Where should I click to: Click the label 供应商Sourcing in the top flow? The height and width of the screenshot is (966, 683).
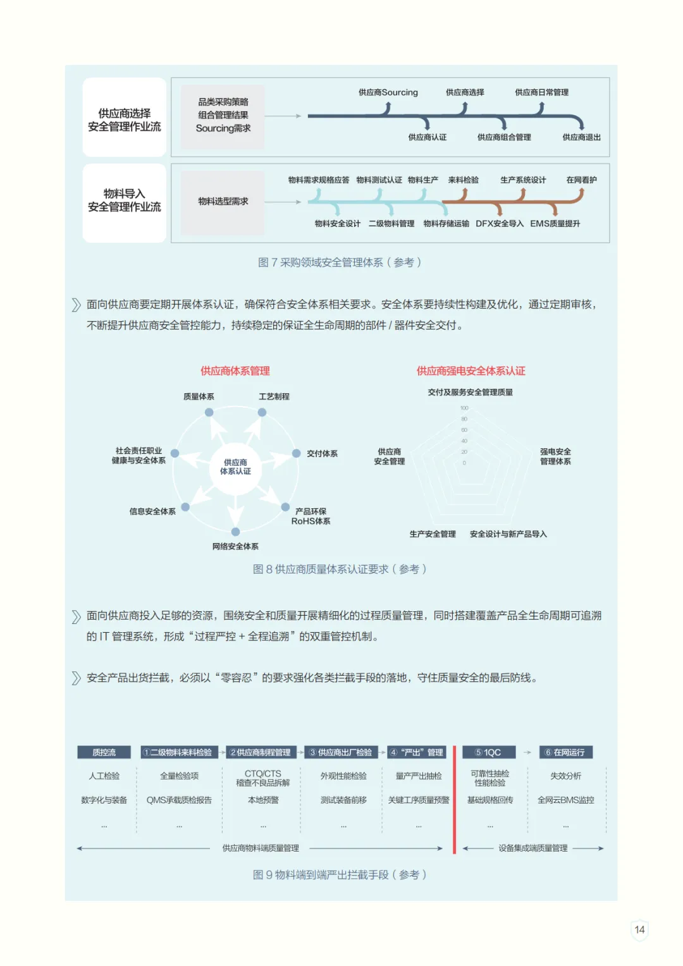coord(388,92)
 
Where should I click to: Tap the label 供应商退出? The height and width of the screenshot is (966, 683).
coord(581,137)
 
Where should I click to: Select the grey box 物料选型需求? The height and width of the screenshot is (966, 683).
coord(223,202)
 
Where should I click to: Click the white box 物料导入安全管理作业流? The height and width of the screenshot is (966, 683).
coord(125,201)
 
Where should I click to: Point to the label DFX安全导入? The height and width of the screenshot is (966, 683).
coord(500,224)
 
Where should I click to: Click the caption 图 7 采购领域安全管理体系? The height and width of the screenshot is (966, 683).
coord(340,262)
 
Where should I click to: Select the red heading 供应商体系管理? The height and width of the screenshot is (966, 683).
coord(235,371)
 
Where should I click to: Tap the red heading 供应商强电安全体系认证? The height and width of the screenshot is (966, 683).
coord(471,371)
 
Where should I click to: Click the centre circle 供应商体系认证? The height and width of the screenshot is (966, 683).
coord(235,467)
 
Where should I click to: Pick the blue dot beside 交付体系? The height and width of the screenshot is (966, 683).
coord(296,453)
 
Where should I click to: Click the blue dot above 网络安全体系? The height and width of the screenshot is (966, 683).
coord(235,532)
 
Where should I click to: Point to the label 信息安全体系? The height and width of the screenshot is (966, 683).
coord(152,511)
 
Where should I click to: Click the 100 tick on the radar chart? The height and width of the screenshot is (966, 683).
coord(464,408)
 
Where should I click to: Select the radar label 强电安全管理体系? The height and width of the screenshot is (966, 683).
coord(555,456)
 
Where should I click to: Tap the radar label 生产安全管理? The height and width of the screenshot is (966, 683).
coord(433,534)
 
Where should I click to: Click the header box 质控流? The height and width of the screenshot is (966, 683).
coord(104,752)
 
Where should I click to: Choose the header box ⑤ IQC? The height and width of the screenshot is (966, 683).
coord(488,752)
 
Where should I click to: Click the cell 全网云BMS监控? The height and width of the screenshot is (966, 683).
coord(565,800)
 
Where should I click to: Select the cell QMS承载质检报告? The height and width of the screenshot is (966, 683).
coord(179,800)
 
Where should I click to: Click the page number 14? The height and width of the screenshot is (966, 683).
coord(639,929)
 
